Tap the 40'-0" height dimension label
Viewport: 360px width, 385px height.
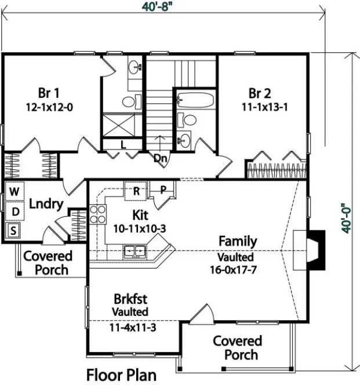347,217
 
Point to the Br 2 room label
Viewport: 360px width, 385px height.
260,93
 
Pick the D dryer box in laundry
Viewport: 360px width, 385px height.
14,212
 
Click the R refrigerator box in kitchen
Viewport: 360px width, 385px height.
137,190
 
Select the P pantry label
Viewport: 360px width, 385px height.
163,190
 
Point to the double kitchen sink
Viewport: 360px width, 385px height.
134,251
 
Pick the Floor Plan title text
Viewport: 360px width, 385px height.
121,375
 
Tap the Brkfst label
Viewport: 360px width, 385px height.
129,299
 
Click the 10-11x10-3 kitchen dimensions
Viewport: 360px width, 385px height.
140,228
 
